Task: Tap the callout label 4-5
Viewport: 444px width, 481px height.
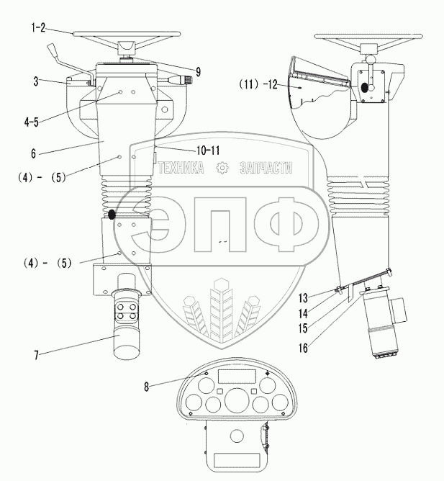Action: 31,122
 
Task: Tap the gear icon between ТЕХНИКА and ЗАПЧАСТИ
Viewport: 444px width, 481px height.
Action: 222,168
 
